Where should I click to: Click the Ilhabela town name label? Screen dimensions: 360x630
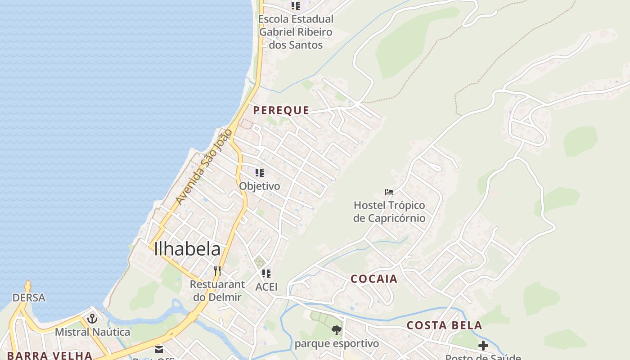[187, 249]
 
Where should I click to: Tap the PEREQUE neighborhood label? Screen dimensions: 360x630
[281, 110]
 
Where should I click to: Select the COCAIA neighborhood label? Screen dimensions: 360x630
[374, 279]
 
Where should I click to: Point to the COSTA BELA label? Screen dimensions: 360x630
[444, 325]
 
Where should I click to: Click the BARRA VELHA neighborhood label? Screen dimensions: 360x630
[49, 355]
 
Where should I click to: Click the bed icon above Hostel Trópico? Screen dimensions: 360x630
[389, 192]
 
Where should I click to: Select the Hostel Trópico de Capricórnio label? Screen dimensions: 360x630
[389, 211]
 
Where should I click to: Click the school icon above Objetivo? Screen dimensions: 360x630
[259, 173]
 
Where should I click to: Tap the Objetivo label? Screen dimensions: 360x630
[259, 186]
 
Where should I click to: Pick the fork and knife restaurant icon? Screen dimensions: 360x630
[217, 270]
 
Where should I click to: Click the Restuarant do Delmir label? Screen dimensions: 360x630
[217, 291]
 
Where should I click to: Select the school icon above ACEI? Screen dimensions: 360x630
[266, 273]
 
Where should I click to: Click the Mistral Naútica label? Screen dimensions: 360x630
[92, 332]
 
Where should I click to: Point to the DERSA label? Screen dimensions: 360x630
[29, 298]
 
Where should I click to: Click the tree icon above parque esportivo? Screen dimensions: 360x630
[336, 331]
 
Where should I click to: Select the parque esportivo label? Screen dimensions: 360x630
[337, 344]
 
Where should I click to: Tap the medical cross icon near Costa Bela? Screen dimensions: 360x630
[483, 346]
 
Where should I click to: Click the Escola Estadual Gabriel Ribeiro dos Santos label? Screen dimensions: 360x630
[296, 32]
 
